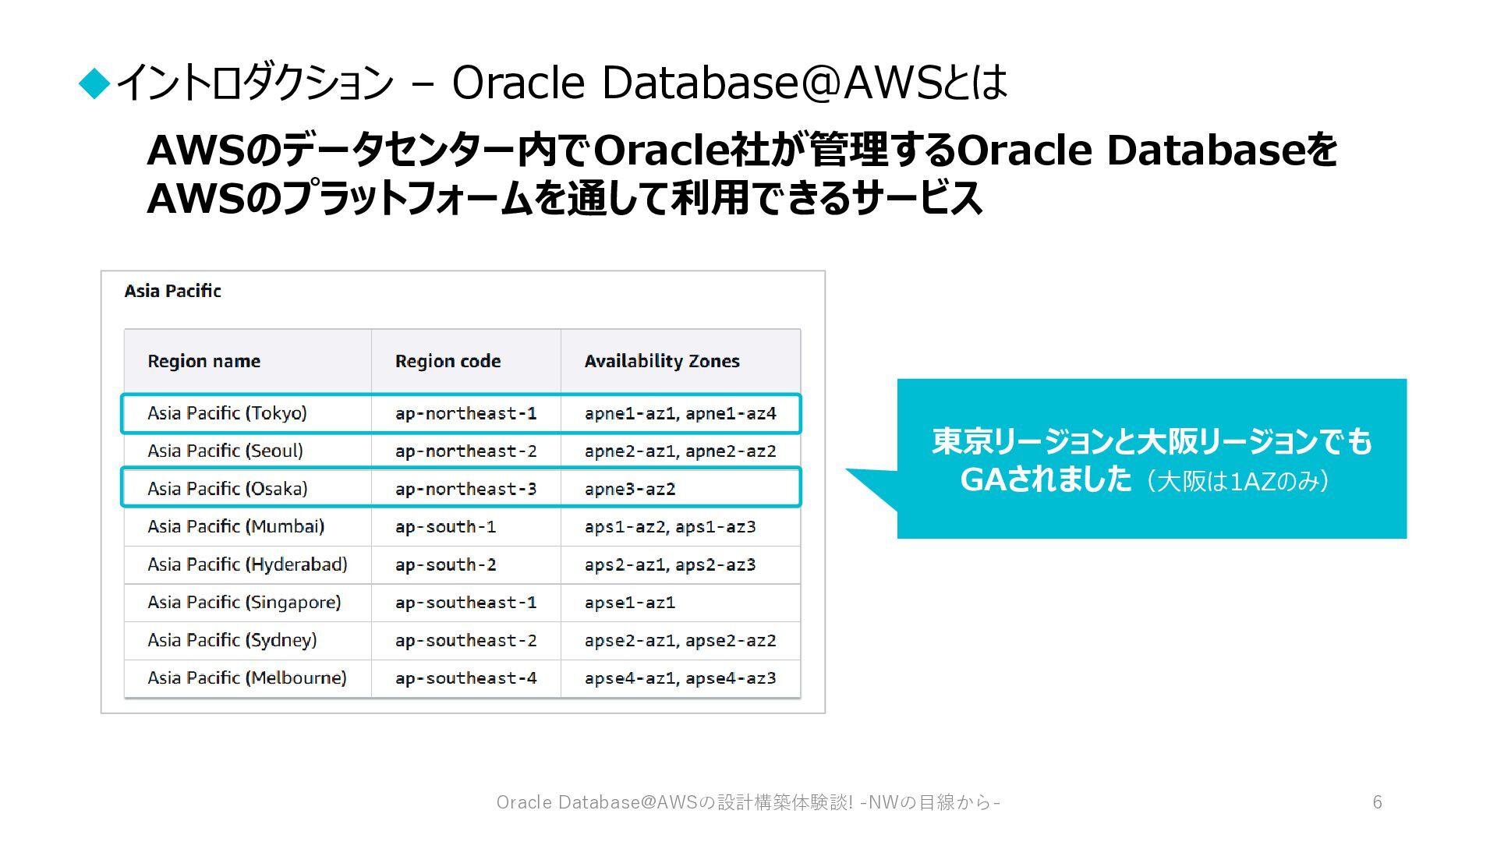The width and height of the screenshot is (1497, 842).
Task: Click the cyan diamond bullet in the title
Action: point(95,83)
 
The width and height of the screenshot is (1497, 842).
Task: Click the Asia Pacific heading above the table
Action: point(172,291)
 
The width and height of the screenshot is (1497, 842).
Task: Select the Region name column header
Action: point(203,361)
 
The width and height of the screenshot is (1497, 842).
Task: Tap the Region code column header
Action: point(448,361)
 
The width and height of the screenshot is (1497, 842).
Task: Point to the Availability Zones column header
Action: point(662,361)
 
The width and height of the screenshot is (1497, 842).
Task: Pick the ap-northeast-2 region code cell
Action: point(465,451)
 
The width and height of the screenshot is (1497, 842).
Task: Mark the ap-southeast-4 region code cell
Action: point(465,678)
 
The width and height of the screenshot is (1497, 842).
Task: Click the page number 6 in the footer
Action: point(1378,802)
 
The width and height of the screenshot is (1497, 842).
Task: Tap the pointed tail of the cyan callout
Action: point(848,469)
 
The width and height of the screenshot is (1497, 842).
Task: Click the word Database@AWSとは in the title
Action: point(805,82)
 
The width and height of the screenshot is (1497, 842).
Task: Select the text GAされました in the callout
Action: point(1046,479)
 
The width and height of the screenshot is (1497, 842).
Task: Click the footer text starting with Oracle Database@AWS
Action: point(748,802)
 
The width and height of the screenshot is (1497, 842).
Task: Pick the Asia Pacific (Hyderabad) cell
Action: point(247,564)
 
